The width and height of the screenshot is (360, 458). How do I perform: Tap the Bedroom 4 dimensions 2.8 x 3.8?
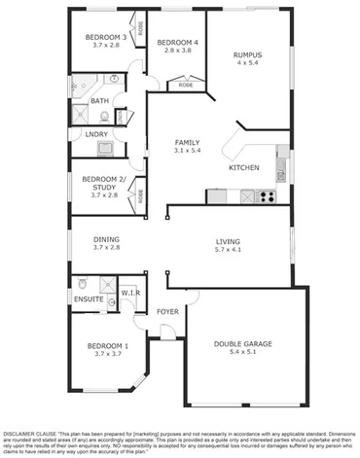pos(178,51)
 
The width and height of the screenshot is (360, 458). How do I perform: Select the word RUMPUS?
pos(249,54)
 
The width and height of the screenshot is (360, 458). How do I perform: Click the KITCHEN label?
pos(243,168)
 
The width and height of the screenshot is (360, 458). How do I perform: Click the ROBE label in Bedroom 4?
pos(185,86)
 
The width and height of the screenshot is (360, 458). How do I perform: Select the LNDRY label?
pos(96,134)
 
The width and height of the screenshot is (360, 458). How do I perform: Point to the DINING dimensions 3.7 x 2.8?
pos(106,248)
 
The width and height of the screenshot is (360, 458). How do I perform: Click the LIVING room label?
pos(228,241)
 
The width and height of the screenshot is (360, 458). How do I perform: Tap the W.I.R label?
pos(129,292)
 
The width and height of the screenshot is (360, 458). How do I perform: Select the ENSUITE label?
pos(89,299)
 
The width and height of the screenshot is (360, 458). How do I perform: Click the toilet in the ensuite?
pos(83,284)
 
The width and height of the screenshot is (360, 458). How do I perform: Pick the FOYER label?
pos(167,312)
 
